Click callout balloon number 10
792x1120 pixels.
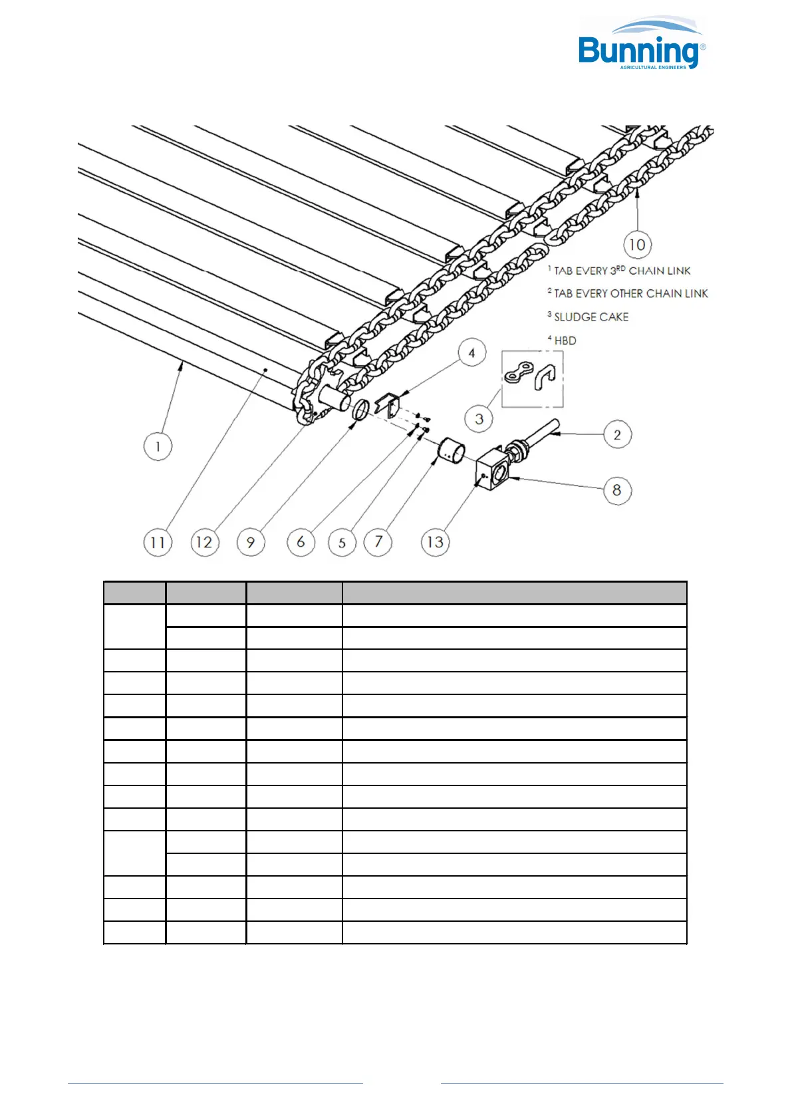coord(637,245)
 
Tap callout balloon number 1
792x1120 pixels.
coord(158,446)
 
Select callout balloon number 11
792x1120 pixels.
coord(158,543)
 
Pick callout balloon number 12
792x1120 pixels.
coord(204,543)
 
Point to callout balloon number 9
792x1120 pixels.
coord(251,543)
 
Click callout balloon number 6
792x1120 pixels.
coord(301,543)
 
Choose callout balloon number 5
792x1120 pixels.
coord(342,543)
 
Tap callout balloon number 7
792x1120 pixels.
coord(378,542)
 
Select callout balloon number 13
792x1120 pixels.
coord(436,543)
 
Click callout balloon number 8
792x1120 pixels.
coord(617,491)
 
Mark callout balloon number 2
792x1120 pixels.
coord(617,435)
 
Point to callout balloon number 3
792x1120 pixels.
coord(479,420)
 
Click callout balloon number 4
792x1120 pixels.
coord(471,352)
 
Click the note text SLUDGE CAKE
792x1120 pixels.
coord(591,317)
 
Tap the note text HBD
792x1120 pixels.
coord(565,341)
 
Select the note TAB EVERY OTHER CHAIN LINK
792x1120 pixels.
coord(630,293)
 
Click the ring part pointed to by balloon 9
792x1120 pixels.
coord(360,410)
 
